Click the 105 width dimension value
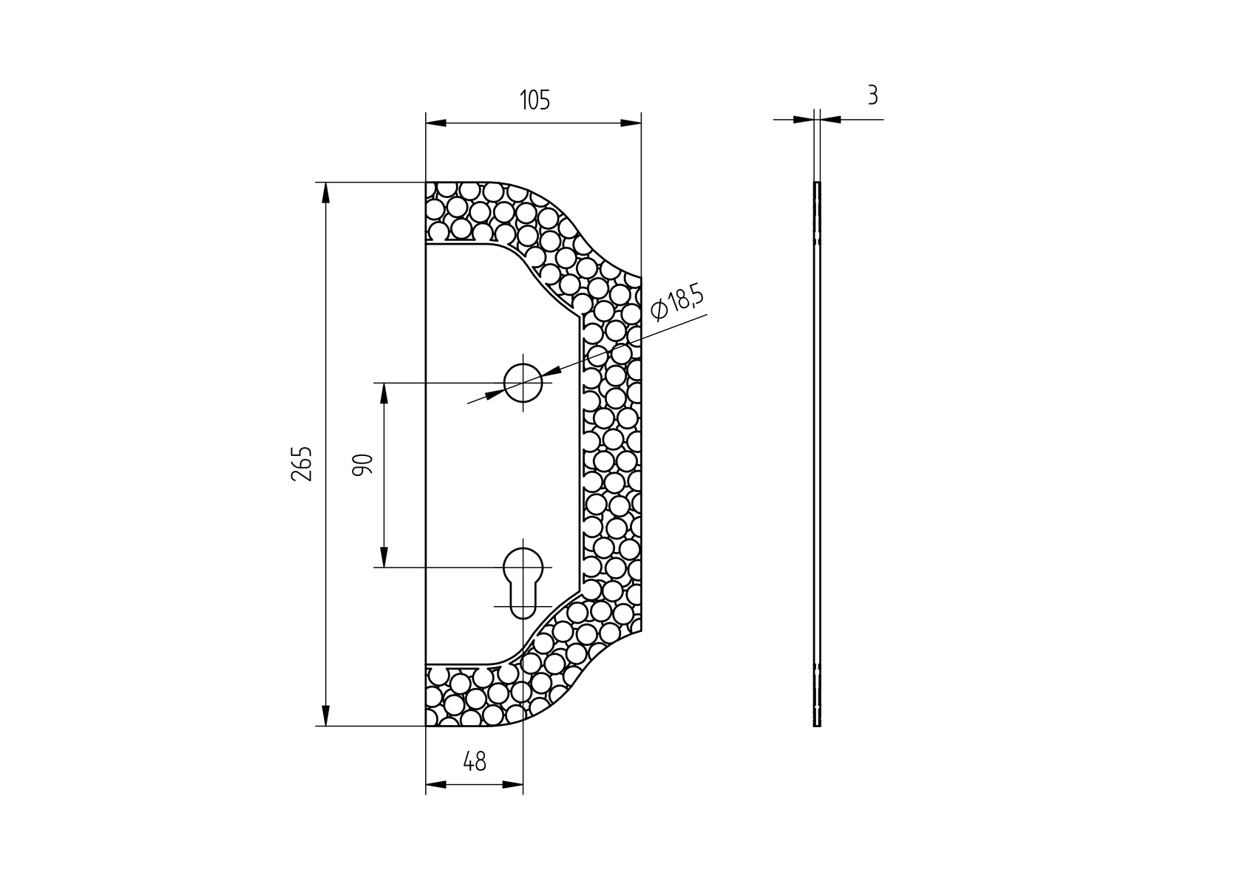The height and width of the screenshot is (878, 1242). pyautogui.click(x=534, y=100)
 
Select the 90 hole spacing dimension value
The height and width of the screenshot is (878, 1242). pyautogui.click(x=362, y=465)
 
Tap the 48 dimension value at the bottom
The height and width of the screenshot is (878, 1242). pyautogui.click(x=474, y=761)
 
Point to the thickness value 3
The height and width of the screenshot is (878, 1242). pyautogui.click(x=872, y=95)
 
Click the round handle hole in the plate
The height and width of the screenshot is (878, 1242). pyautogui.click(x=523, y=383)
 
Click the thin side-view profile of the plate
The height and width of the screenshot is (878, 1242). pyautogui.click(x=817, y=454)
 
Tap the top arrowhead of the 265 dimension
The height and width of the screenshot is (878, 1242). pyautogui.click(x=325, y=192)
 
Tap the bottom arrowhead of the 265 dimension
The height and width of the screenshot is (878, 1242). pyautogui.click(x=325, y=715)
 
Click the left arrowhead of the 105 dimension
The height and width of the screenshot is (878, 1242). pyautogui.click(x=436, y=123)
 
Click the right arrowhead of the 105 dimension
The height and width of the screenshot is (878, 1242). pyautogui.click(x=631, y=123)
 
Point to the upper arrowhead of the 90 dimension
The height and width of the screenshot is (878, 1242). pyautogui.click(x=384, y=393)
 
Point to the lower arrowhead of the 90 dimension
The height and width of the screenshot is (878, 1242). pyautogui.click(x=384, y=557)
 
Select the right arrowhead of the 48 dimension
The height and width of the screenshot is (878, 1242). pyautogui.click(x=513, y=784)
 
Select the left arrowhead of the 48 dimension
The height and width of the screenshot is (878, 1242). pyautogui.click(x=436, y=784)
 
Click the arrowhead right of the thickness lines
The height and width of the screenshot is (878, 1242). pyautogui.click(x=830, y=119)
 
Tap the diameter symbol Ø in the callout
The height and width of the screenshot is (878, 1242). pyautogui.click(x=659, y=311)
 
